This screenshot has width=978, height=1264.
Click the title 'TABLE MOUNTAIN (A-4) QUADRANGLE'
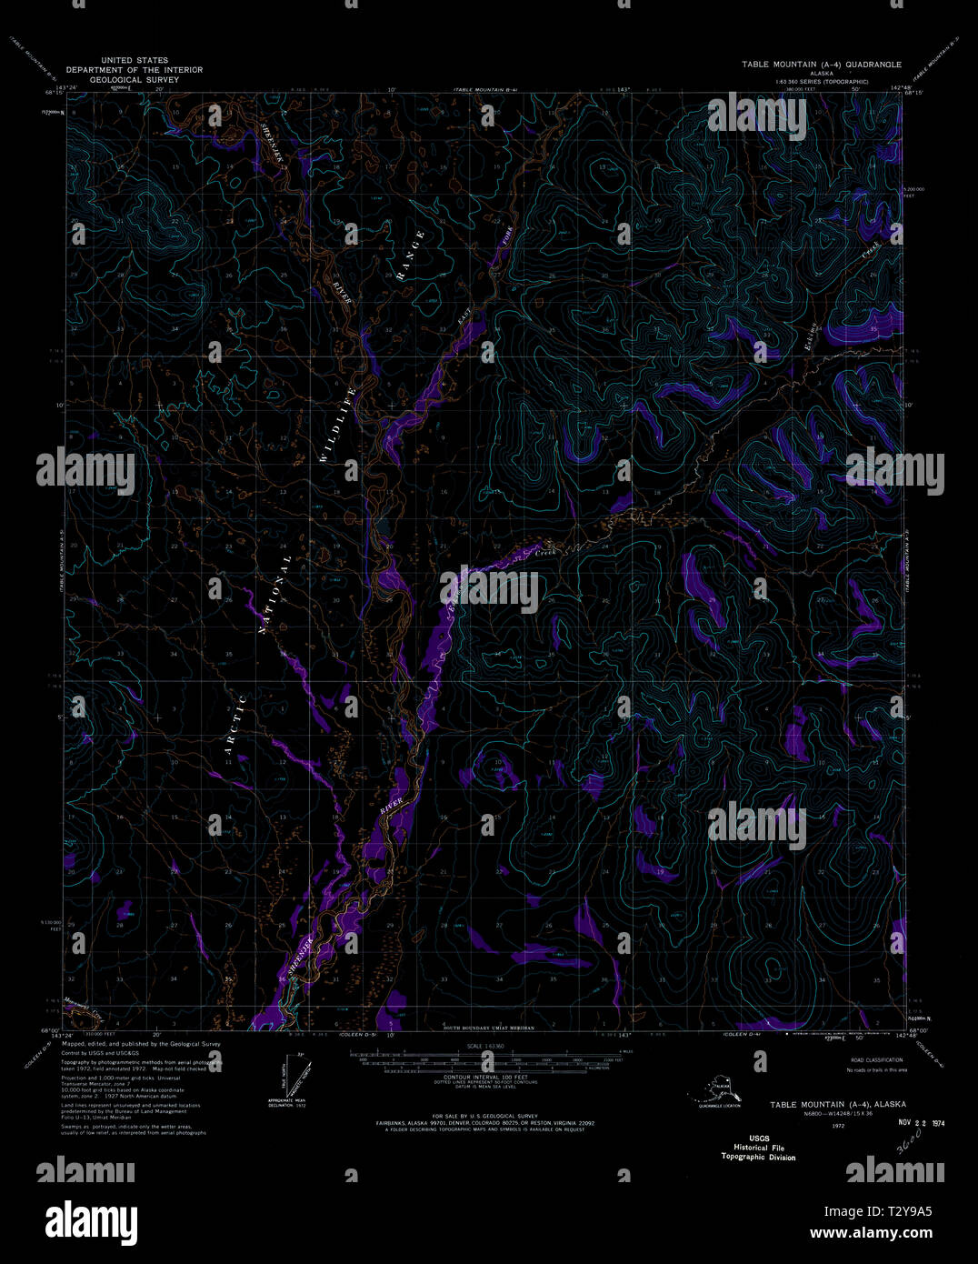[821, 65]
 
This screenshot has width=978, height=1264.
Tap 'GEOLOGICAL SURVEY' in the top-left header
[135, 80]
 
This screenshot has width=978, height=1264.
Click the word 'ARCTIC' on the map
[235, 727]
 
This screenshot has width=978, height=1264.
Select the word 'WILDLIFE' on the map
[337, 424]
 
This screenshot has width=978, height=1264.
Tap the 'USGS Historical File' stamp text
[758, 1148]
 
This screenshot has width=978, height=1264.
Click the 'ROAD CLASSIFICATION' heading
[876, 1060]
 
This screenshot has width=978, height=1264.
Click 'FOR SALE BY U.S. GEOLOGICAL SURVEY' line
[486, 1116]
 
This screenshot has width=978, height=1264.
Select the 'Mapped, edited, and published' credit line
[141, 1044]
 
